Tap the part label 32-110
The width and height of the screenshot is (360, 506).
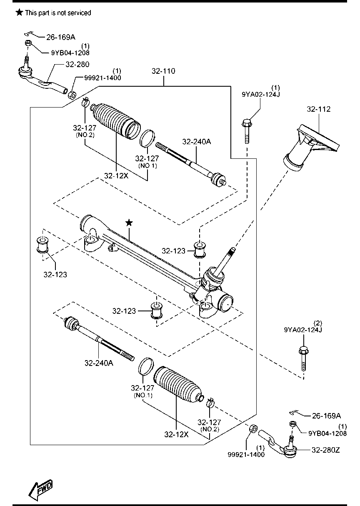tap(163, 71)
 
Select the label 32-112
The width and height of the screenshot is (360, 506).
tap(318, 109)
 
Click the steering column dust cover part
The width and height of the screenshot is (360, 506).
tap(311, 147)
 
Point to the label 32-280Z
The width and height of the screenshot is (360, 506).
tap(326, 450)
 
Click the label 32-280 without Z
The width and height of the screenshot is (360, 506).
tap(77, 64)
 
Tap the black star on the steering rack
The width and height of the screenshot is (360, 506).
tap(129, 223)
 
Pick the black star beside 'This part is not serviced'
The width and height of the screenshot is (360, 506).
tap(20, 13)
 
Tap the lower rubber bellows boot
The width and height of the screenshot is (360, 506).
tap(179, 384)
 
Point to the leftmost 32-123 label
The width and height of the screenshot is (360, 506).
tap(55, 275)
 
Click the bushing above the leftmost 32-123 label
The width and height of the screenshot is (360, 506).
tap(42, 244)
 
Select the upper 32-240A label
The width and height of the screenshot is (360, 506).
tap(197, 142)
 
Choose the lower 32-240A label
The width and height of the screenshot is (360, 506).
tap(99, 363)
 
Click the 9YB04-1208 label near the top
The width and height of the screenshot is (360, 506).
tap(70, 53)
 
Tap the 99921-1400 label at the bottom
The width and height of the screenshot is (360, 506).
tap(246, 454)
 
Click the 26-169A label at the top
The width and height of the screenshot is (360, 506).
tap(61, 37)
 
